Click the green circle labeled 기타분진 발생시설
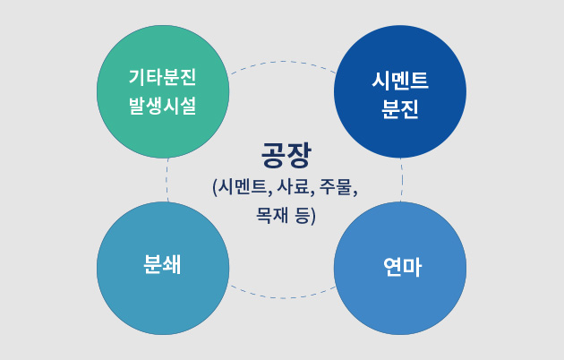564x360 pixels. click(x=163, y=91)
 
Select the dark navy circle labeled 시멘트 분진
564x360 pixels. click(x=400, y=91)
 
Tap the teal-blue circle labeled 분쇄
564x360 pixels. click(x=163, y=269)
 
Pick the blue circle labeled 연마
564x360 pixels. click(x=400, y=269)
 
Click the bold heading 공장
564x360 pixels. click(x=286, y=155)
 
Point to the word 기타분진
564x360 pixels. click(x=163, y=77)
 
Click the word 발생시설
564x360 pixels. click(x=163, y=106)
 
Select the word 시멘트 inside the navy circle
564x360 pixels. click(x=400, y=80)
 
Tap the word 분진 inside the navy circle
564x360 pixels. click(x=400, y=108)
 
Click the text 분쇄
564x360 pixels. click(x=162, y=265)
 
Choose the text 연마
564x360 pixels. click(x=403, y=267)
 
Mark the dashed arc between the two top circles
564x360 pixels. click(x=283, y=62)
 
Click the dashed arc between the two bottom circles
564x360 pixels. click(x=283, y=298)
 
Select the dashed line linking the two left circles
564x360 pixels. click(x=167, y=180)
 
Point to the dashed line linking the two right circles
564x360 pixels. click(x=402, y=180)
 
